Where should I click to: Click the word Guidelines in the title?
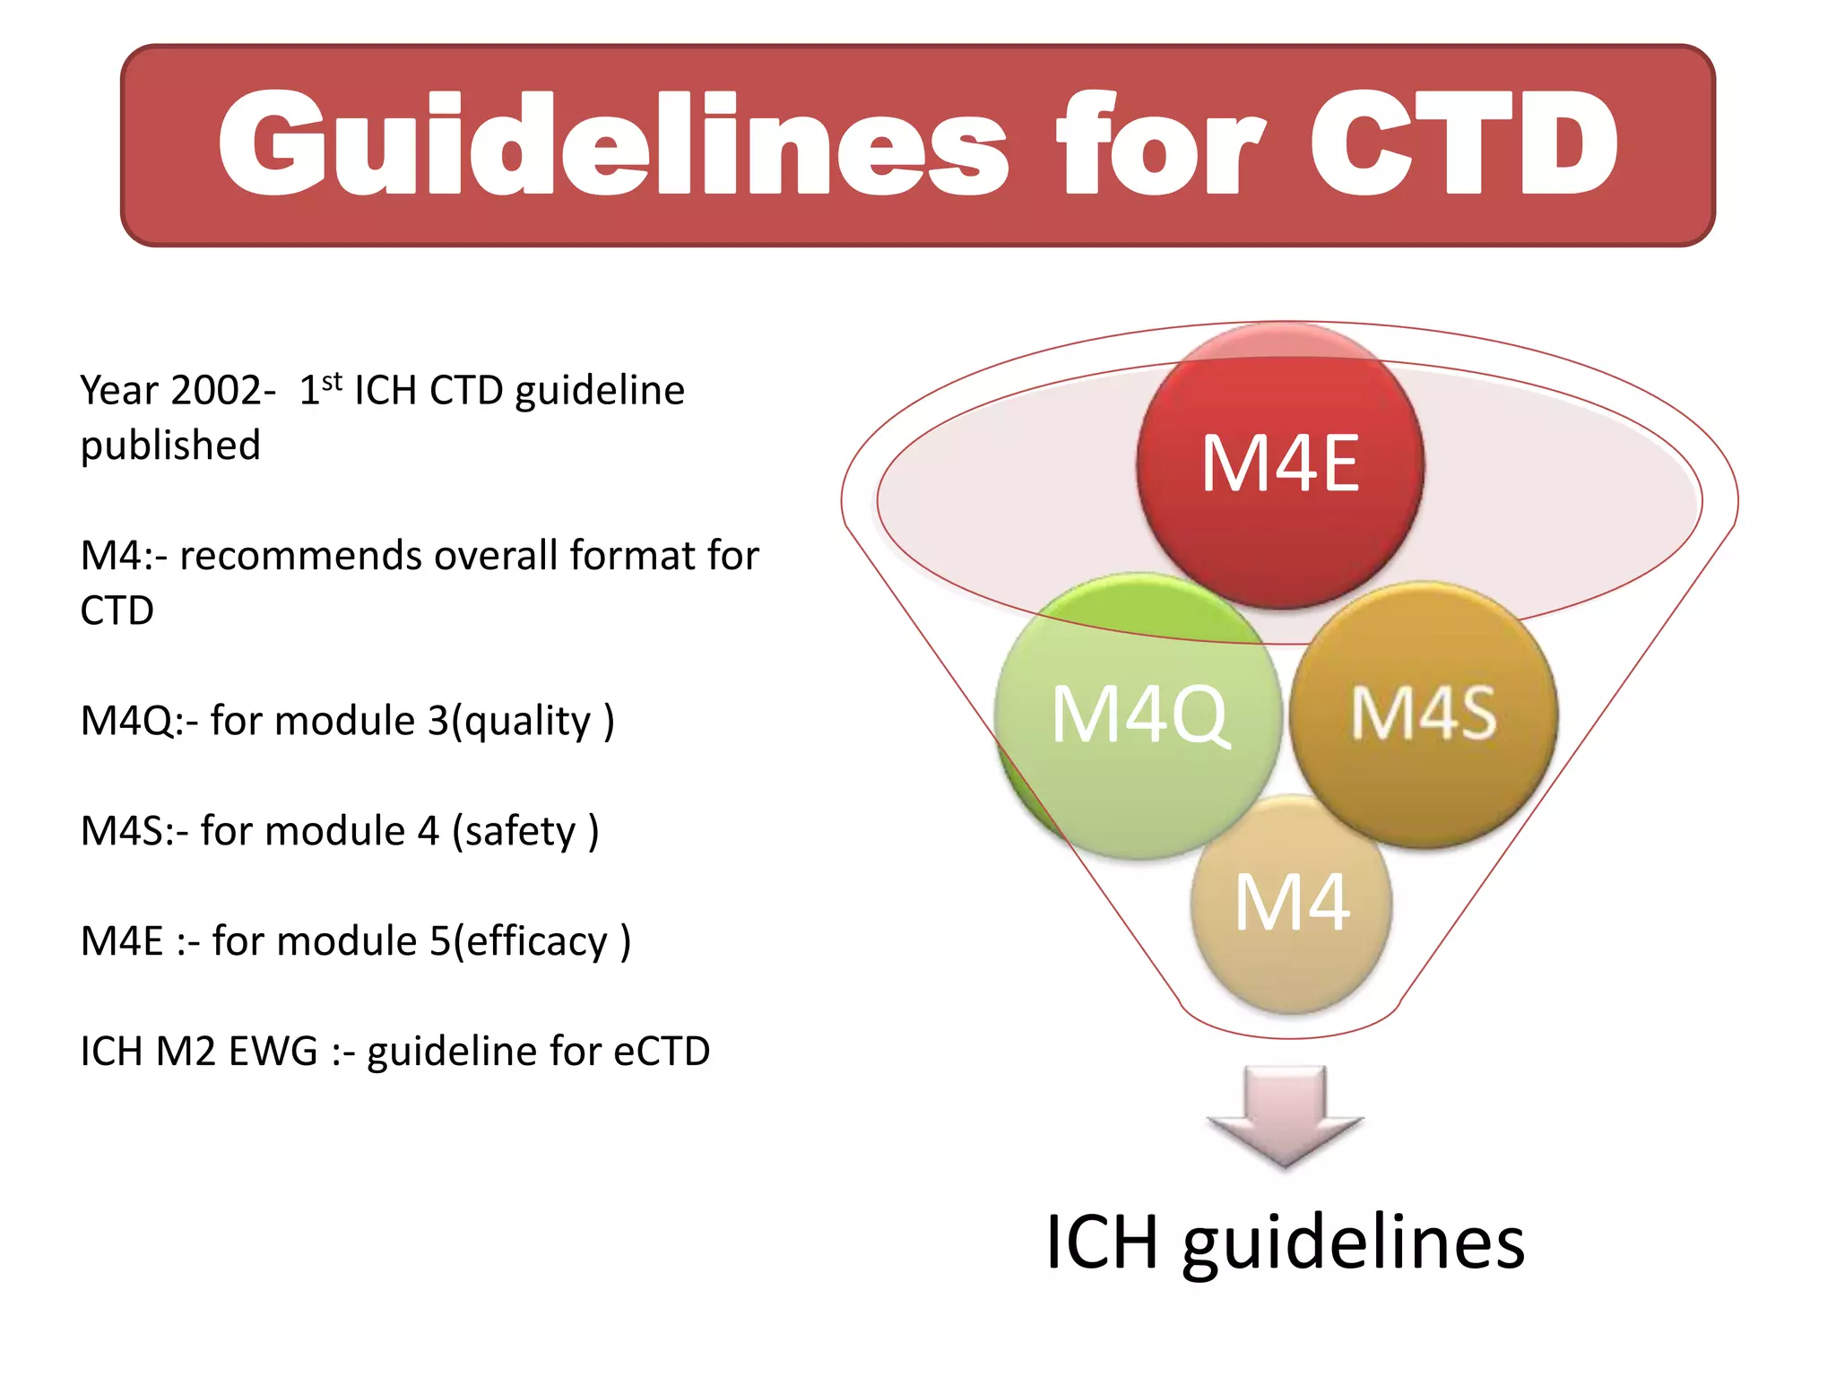[x=613, y=143]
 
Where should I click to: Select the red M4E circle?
[x=1280, y=464]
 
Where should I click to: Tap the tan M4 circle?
[x=1291, y=904]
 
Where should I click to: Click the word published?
[x=170, y=446]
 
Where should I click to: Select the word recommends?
[x=300, y=556]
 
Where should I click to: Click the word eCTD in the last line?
[x=662, y=1052]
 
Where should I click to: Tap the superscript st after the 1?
[x=332, y=381]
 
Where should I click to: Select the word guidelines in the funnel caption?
[x=1354, y=1244]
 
